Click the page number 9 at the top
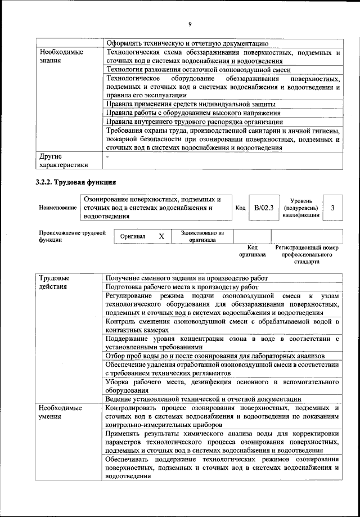click(x=190, y=23)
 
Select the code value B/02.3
click(x=263, y=208)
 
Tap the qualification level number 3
click(x=332, y=208)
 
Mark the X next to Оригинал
click(x=161, y=236)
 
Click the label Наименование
click(x=58, y=208)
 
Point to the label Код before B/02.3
click(x=240, y=208)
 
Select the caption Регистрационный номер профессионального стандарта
click(x=307, y=254)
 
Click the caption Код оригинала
click(x=253, y=251)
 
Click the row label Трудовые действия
click(x=55, y=282)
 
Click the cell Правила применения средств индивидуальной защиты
click(x=190, y=104)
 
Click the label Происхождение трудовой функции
click(x=72, y=236)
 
